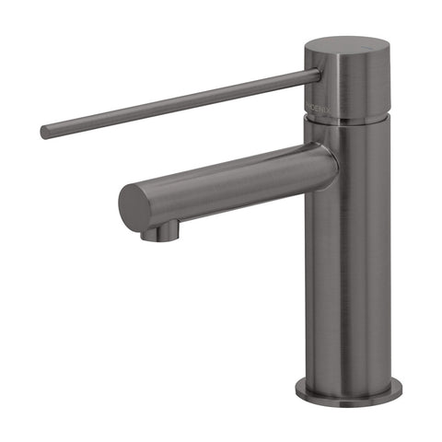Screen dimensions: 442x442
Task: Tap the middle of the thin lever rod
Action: coord(180,103)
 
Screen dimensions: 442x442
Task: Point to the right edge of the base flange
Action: coord(386,387)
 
